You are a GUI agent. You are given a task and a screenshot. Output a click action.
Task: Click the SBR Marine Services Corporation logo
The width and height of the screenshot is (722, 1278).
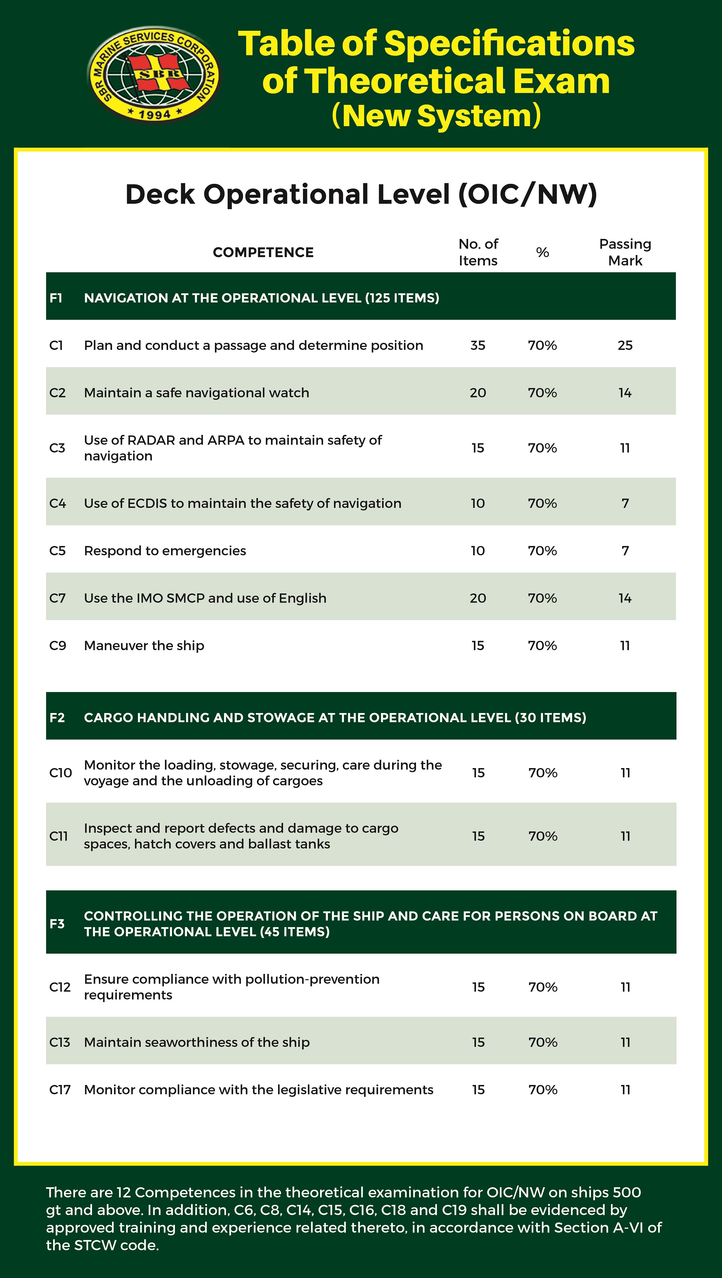153,74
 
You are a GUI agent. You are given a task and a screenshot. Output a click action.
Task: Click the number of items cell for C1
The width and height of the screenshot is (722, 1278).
478,345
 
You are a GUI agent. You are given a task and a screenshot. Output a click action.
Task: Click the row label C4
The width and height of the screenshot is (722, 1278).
58,504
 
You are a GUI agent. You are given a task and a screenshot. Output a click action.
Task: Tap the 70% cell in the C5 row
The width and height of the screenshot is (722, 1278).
542,551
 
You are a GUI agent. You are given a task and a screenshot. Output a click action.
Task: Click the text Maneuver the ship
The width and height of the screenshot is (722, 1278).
144,646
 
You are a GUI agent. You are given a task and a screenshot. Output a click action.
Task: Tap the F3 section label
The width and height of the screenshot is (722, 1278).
57,923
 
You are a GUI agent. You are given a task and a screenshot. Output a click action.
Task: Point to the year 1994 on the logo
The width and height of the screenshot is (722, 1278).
154,114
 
